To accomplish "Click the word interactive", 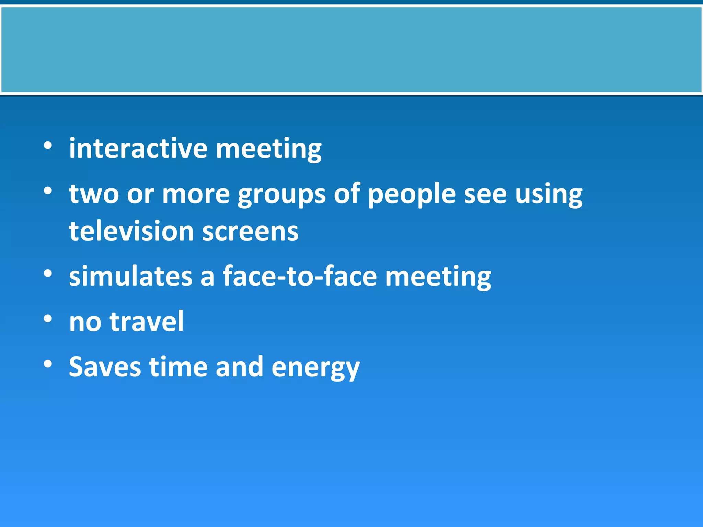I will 138,149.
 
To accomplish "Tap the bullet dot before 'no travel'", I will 48,319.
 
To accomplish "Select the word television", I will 131,231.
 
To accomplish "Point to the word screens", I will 250,232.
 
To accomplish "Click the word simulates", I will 130,276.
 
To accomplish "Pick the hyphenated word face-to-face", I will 300,276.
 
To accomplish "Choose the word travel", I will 147,321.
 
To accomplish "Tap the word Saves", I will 105,367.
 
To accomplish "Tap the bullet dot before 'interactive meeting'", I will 48,146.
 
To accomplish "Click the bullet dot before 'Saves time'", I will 48,364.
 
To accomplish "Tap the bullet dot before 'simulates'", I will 48,273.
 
